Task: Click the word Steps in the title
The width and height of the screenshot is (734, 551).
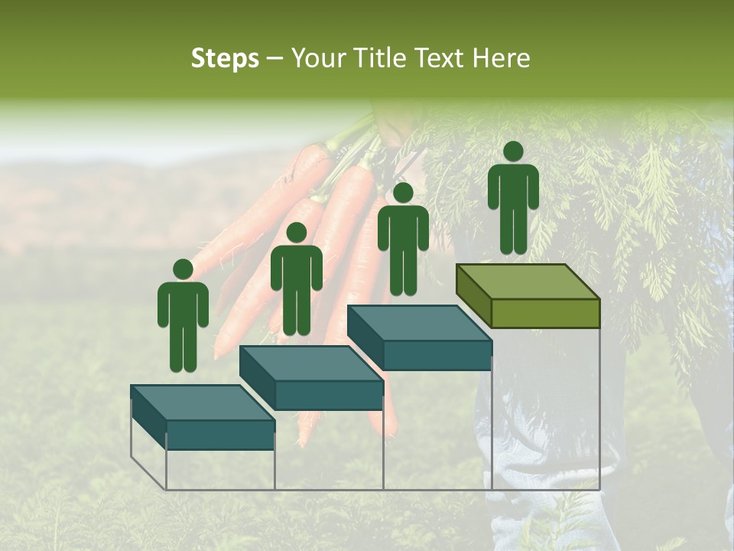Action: pyautogui.click(x=225, y=58)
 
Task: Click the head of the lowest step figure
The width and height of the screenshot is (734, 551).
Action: pyautogui.click(x=183, y=269)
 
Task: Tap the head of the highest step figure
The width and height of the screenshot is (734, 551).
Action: pyautogui.click(x=513, y=152)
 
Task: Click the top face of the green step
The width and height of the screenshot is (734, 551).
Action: pyautogui.click(x=528, y=282)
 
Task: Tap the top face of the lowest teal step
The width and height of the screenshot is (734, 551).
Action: pyautogui.click(x=203, y=403)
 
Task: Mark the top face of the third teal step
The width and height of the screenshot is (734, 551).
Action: pyautogui.click(x=419, y=323)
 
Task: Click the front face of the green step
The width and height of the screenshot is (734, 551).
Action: pyautogui.click(x=545, y=313)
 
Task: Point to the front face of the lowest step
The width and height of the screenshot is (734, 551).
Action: pyautogui.click(x=220, y=435)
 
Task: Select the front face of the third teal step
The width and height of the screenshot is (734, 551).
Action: pyautogui.click(x=437, y=355)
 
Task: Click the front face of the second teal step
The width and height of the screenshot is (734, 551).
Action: pyautogui.click(x=329, y=395)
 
